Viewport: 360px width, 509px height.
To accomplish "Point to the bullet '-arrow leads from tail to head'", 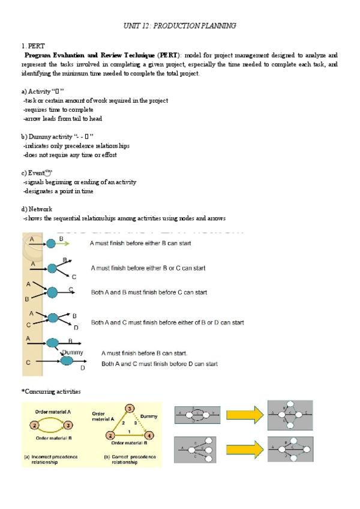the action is click(62, 119).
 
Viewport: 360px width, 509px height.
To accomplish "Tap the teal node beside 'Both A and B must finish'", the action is click(52, 292).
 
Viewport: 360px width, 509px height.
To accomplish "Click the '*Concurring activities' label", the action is click(51, 391).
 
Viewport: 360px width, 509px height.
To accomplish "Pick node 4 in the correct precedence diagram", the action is click(149, 435).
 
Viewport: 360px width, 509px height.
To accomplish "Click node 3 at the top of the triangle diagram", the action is click(129, 409).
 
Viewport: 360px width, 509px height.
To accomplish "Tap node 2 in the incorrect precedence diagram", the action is click(34, 426).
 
